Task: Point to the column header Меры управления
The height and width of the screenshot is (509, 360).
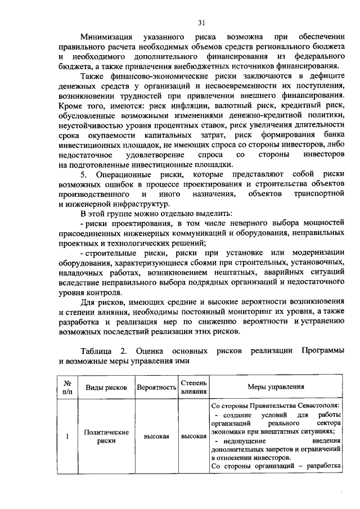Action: tap(276, 387)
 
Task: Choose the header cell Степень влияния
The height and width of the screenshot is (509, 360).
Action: tap(193, 388)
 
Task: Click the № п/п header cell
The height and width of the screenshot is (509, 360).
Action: tap(66, 388)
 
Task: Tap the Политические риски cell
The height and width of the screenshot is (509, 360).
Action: tap(107, 436)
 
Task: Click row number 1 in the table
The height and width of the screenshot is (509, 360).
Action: tap(66, 436)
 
